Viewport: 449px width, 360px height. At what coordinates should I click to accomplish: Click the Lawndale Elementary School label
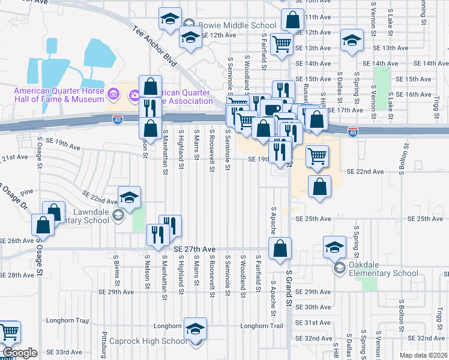[x=75, y=216]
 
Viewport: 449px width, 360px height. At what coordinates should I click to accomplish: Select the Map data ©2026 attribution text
[x=423, y=355]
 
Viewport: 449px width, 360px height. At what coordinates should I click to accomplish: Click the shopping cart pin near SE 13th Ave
[x=281, y=43]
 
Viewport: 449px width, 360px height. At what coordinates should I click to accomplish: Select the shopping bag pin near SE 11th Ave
[x=292, y=20]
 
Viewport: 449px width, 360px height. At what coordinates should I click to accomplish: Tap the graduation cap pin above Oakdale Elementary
[x=335, y=247]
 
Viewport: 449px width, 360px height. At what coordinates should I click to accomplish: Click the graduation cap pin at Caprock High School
[x=195, y=329]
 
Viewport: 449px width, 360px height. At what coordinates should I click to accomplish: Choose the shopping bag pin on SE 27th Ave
[x=280, y=248]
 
